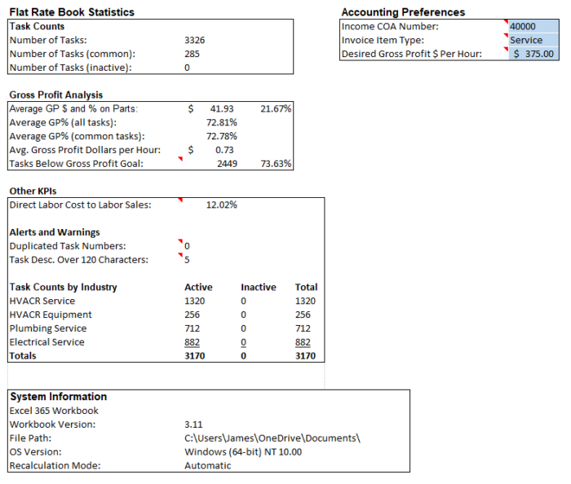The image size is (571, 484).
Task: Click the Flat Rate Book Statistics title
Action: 72,12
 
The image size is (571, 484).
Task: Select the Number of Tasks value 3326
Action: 195,40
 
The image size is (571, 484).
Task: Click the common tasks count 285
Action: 193,54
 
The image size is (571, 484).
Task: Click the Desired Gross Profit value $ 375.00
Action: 533,54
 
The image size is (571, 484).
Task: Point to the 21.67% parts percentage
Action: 276,108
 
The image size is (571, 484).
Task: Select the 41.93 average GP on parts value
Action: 221,108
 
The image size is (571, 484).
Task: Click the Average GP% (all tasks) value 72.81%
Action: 222,122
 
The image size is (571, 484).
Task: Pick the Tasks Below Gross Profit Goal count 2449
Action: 227,164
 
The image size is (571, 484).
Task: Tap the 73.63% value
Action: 276,164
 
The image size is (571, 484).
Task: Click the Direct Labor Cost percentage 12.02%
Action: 222,205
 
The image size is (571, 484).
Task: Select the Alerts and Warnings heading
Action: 55,232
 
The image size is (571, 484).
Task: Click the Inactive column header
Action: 259,287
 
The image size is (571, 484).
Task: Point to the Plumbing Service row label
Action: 47,328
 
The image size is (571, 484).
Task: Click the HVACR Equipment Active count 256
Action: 193,315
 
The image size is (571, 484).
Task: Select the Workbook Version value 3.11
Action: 193,425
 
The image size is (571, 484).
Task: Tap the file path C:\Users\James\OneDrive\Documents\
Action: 272,438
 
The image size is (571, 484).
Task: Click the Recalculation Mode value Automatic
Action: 208,466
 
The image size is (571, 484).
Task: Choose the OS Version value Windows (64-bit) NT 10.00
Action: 243,452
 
